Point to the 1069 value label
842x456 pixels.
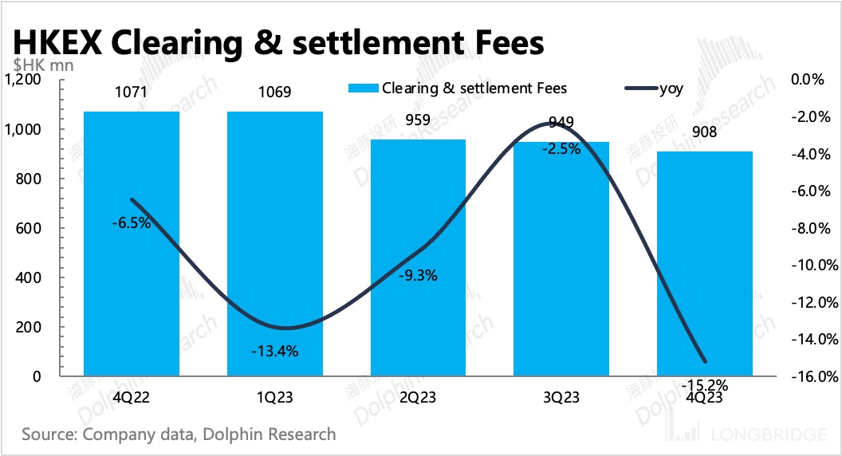coord(275,92)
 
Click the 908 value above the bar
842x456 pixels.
coord(705,132)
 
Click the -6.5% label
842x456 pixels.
coord(132,223)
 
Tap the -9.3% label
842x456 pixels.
coord(418,277)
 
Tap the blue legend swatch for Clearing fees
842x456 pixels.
coord(363,88)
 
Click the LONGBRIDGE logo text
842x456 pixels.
coord(766,435)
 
